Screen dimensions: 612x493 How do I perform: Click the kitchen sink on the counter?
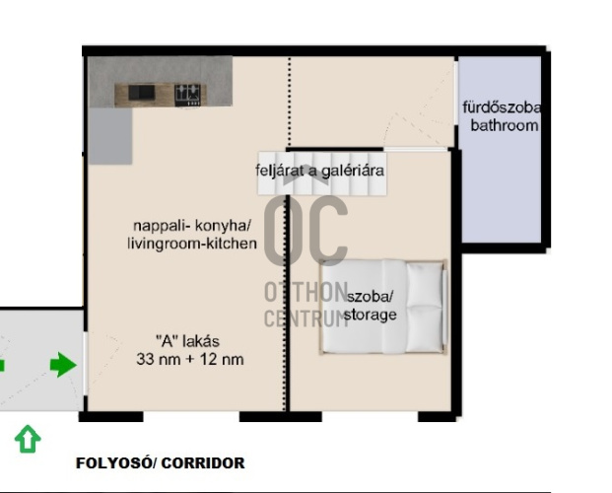tap(142, 93)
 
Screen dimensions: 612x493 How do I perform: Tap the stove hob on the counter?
tap(187, 95)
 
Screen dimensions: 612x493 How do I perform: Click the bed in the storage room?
tap(383, 307)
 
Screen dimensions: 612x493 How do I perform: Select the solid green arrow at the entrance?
tap(63, 365)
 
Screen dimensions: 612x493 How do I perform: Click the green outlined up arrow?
tap(28, 439)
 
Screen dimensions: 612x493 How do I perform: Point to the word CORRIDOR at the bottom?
tap(203, 463)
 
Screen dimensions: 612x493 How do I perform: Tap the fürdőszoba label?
tap(502, 107)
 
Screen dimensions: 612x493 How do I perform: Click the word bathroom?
tap(505, 126)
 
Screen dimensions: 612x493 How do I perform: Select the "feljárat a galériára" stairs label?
tap(320, 171)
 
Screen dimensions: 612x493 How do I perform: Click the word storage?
tap(370, 315)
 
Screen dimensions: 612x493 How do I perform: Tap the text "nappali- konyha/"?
tap(192, 226)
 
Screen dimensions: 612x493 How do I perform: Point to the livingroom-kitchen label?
tap(192, 244)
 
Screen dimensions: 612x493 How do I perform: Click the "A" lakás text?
tap(187, 341)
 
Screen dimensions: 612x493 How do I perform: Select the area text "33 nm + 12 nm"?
tap(190, 360)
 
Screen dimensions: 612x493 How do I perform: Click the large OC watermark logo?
tap(306, 230)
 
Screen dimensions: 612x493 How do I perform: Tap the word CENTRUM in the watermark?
tap(306, 318)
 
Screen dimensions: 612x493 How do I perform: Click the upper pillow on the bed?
tap(424, 284)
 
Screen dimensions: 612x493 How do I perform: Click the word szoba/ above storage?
tap(371, 297)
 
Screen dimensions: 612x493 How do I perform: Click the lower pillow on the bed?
tap(424, 328)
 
